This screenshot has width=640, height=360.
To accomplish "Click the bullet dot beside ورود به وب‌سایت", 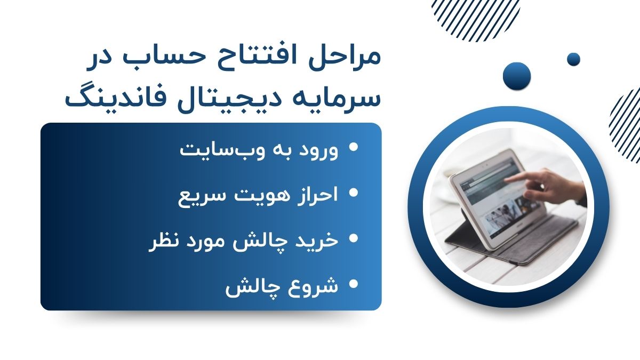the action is (354, 147).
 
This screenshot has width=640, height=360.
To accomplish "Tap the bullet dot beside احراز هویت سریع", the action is (354, 193).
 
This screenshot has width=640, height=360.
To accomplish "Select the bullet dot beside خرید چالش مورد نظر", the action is (354, 238).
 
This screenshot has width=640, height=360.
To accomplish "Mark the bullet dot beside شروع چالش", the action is (354, 284).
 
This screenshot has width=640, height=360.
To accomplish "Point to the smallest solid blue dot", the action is (573, 59).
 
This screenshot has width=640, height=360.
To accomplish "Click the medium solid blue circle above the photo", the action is (517, 76).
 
